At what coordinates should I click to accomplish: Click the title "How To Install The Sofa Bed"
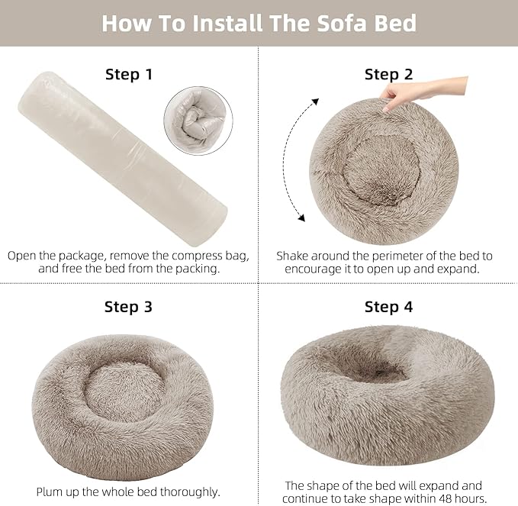[259, 23]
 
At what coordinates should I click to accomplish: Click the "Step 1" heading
[128, 74]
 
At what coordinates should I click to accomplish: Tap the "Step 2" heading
[388, 74]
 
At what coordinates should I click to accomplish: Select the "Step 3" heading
[128, 307]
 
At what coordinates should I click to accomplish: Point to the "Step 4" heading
[388, 307]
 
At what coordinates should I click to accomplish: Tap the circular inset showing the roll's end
[198, 120]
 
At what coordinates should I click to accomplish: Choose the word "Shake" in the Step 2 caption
[293, 256]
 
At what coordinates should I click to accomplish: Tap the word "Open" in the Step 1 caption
[23, 256]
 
